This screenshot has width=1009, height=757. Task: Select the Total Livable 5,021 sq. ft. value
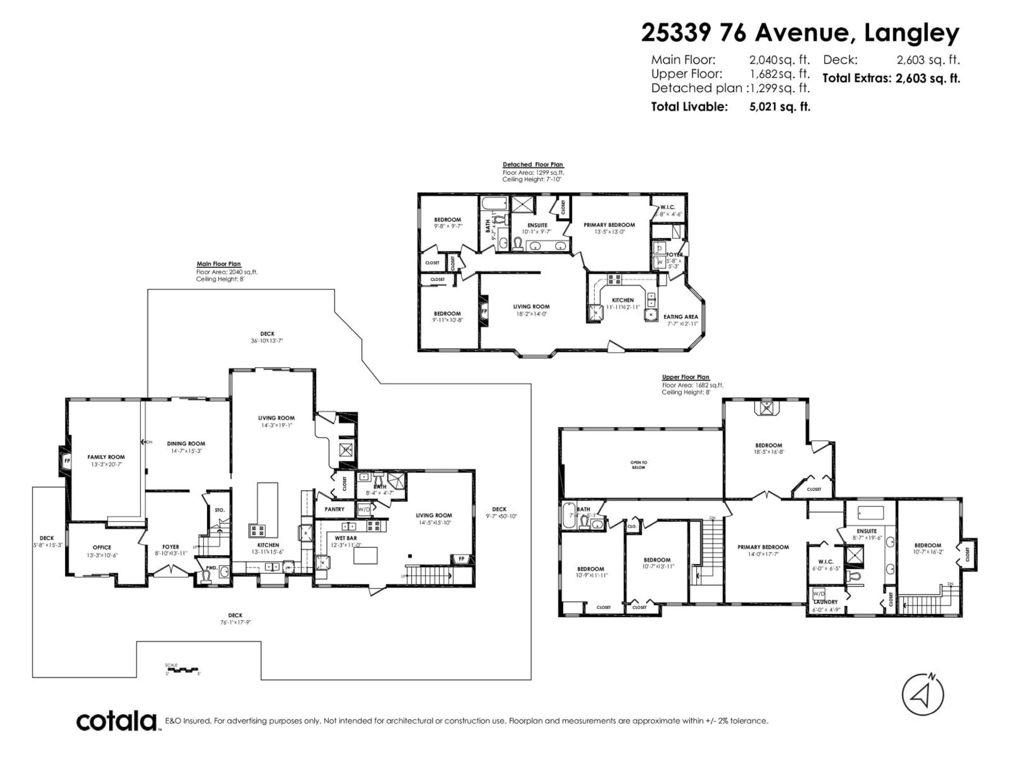780,107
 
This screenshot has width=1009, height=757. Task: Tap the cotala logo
116,722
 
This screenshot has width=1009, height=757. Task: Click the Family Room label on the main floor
106,457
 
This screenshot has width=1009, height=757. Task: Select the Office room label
102,547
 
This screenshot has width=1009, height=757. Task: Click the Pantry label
334,509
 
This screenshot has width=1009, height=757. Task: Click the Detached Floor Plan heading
533,164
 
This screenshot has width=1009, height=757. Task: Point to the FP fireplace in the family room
67,461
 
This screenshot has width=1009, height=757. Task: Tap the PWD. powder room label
211,568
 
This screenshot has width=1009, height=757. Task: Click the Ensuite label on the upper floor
866,531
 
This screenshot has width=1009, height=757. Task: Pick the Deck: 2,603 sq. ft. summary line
891,60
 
